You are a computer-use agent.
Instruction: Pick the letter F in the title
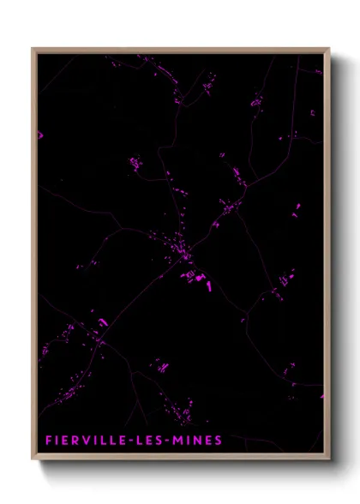(x=50, y=441)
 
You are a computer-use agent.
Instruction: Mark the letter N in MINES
(x=200, y=441)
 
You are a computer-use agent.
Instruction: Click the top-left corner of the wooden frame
(x=33, y=49)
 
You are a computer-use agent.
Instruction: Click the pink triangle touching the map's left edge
(x=39, y=135)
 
